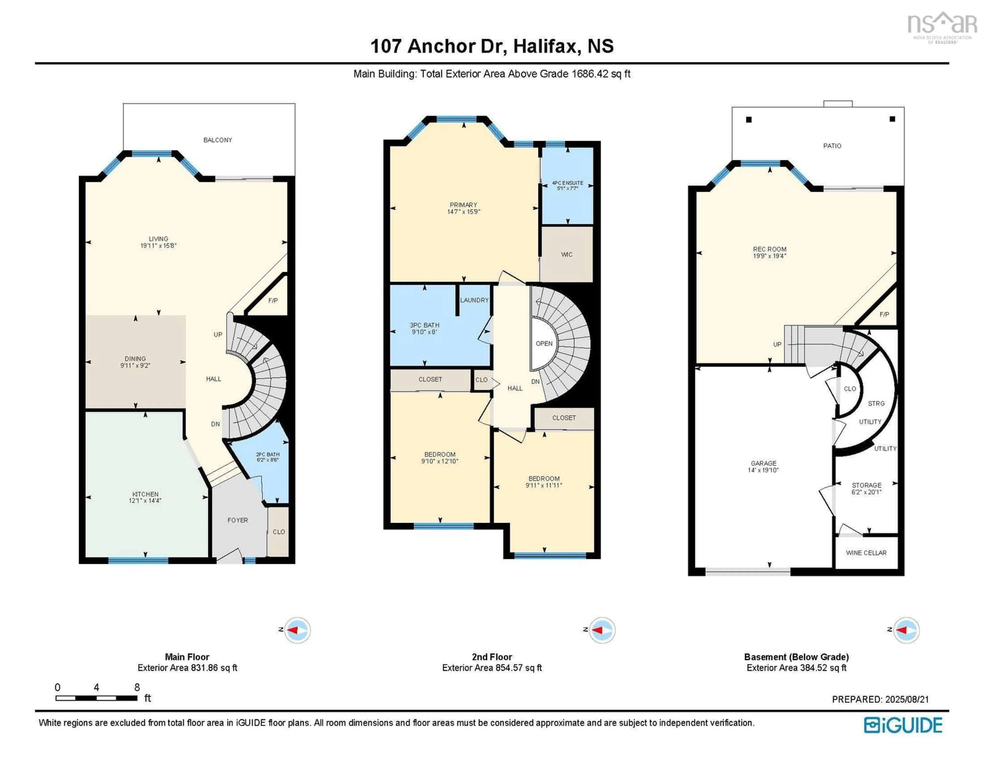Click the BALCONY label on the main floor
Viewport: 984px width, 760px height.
tap(218, 140)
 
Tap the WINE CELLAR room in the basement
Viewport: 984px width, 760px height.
tap(866, 553)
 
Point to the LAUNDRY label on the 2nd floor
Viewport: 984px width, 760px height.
tap(474, 300)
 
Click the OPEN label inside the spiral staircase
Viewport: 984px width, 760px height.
tap(544, 343)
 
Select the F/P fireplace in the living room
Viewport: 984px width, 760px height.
tap(273, 301)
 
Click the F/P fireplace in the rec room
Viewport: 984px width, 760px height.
tap(884, 314)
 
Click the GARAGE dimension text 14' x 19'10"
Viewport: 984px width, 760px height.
tap(763, 470)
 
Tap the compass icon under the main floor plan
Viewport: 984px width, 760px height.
tap(297, 630)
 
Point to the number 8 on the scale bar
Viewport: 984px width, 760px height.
tap(137, 687)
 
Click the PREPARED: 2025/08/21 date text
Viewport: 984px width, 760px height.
tap(880, 699)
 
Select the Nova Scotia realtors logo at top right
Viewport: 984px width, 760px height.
tap(942, 28)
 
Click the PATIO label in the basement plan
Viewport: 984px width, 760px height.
tap(832, 146)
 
